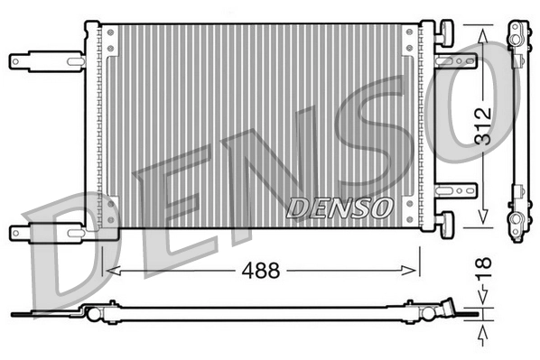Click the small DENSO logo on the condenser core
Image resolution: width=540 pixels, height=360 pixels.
340,207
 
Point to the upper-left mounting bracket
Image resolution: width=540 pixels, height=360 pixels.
45,61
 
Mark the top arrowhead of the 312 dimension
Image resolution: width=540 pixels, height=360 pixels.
483,32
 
